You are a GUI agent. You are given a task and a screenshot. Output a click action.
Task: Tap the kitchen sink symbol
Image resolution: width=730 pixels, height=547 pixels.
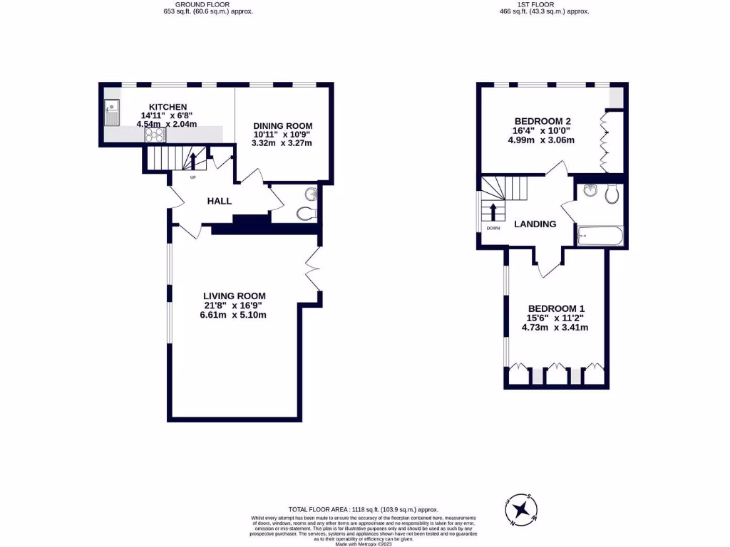112,113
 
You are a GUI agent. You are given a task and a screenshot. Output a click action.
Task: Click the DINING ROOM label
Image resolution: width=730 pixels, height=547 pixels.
282,125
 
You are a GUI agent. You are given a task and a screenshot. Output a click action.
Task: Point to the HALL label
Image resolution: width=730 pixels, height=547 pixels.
220,202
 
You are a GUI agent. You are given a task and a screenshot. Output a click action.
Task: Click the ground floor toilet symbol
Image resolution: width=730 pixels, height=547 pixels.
306,213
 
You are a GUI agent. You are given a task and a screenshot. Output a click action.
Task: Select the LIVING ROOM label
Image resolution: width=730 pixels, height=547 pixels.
235,296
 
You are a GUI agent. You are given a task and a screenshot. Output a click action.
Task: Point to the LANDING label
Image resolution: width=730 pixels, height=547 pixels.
535,224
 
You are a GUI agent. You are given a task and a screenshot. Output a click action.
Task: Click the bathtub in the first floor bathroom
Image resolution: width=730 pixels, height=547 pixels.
600,236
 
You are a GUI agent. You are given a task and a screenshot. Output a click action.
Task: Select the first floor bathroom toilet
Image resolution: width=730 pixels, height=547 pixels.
612,194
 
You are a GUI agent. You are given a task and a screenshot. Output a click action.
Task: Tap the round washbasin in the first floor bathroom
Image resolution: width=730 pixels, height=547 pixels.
590,190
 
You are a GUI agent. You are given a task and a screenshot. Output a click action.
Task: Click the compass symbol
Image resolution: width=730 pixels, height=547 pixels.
523,509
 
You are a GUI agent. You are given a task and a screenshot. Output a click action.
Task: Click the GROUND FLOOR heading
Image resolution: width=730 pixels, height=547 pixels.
207,4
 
